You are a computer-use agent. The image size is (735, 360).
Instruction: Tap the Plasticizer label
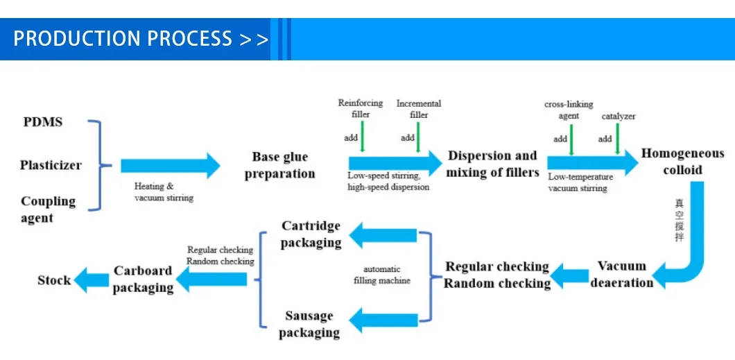click(x=51, y=165)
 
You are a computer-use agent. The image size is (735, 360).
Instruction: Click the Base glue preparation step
click(x=279, y=165)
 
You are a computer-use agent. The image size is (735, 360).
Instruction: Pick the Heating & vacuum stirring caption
click(x=164, y=192)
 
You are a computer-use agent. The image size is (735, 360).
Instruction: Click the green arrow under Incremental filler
click(x=418, y=137)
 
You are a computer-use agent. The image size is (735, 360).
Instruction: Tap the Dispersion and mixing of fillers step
click(x=492, y=164)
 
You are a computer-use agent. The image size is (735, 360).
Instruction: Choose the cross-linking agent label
click(x=569, y=110)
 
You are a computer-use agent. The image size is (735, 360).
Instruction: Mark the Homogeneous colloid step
click(x=682, y=162)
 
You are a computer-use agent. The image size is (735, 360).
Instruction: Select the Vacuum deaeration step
click(x=622, y=274)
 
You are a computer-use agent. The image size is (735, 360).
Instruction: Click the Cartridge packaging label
click(x=311, y=234)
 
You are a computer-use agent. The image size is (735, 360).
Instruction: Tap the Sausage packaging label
click(x=309, y=324)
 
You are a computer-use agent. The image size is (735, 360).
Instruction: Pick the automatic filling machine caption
click(x=382, y=275)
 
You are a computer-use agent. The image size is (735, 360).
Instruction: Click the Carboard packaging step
click(x=143, y=279)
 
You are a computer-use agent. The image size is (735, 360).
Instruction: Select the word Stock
click(x=54, y=280)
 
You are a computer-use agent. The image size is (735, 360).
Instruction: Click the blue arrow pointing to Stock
click(x=90, y=280)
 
